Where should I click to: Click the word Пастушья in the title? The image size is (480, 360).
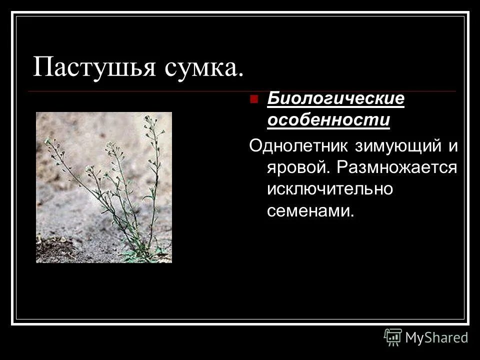click(94, 66)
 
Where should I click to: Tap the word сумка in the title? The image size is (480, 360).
click(198, 66)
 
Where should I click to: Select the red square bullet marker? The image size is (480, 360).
click(254, 98)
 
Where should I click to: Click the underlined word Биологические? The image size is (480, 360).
click(335, 99)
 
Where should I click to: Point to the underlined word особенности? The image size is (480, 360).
click(328, 120)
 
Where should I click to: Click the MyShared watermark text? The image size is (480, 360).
click(437, 337)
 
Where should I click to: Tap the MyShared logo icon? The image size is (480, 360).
click(393, 337)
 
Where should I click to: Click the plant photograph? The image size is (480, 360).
click(104, 187)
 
